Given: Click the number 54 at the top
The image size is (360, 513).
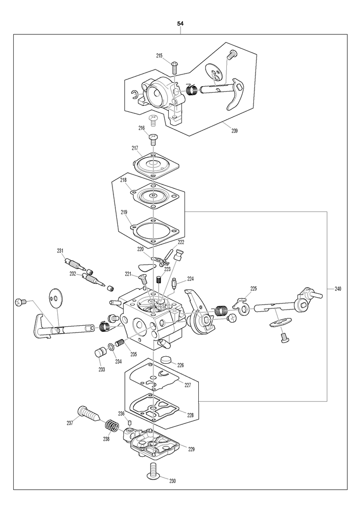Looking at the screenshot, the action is [180, 24].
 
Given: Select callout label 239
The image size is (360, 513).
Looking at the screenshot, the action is [234, 131].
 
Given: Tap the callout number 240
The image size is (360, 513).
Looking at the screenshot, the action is [338, 289].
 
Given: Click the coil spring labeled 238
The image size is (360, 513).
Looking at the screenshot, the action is [112, 426].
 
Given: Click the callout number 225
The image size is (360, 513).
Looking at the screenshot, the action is [253, 289].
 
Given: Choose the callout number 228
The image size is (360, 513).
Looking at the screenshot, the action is [190, 415].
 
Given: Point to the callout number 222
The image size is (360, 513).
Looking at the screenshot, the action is [180, 242].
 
